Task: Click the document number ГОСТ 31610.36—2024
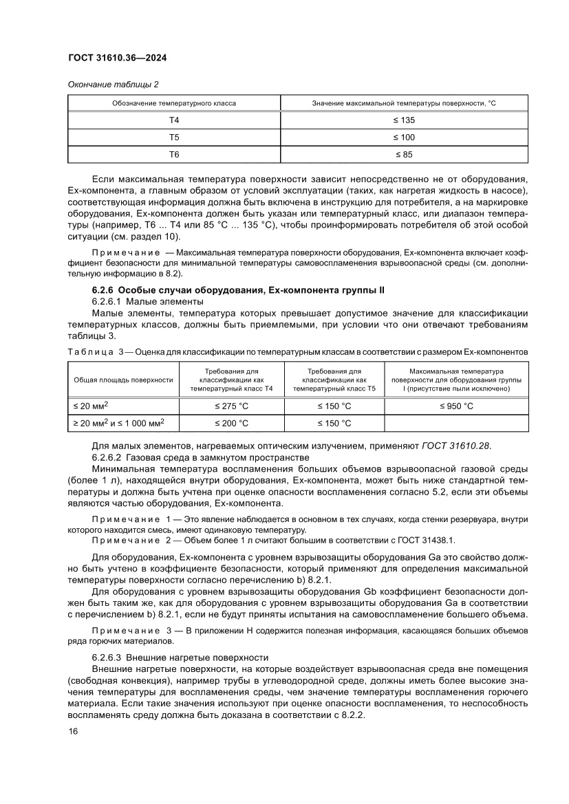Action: click(117, 58)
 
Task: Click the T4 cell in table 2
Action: click(174, 120)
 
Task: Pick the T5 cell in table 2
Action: click(174, 137)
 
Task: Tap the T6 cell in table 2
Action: click(174, 155)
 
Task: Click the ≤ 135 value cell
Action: click(404, 120)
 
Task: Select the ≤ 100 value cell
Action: click(404, 137)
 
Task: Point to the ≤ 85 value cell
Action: click(404, 155)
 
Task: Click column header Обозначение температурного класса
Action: click(174, 103)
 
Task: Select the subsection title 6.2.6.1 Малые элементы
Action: click(148, 302)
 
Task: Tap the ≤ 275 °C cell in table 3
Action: click(231, 406)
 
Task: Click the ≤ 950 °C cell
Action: click(456, 406)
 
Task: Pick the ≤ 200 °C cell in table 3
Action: click(231, 423)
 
